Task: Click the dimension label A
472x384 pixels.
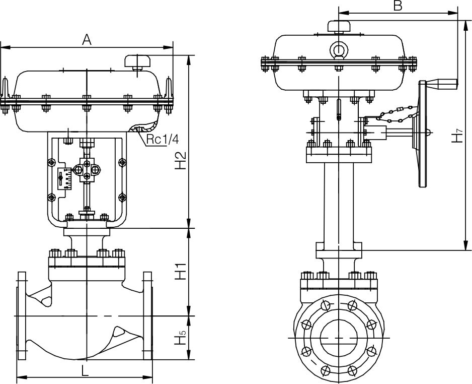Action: (x=87, y=40)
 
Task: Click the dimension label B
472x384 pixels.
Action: (x=398, y=6)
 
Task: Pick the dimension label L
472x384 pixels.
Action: (x=85, y=371)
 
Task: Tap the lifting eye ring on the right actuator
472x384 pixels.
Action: (x=339, y=50)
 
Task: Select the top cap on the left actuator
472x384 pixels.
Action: (x=137, y=61)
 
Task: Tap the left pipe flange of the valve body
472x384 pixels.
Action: (x=22, y=316)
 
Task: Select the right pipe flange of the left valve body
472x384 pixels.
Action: (x=147, y=316)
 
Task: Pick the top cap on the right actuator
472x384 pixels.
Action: (x=339, y=25)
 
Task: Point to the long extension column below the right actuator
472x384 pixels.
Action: (x=338, y=202)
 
